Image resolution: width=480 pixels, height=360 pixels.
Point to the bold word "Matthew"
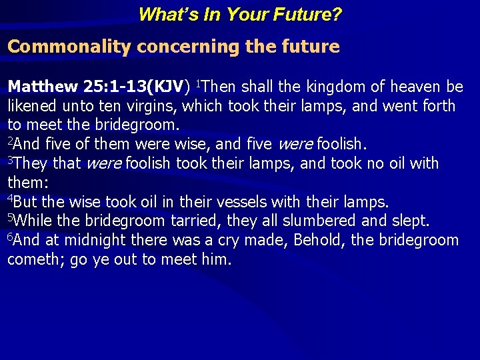pos(43,87)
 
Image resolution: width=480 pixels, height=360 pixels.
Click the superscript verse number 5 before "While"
pos(10,217)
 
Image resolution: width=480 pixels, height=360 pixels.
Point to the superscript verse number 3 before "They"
pos(10,160)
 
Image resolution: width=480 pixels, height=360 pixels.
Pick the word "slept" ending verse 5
pos(413,221)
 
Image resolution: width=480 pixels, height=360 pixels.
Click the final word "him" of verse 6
pos(217,259)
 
